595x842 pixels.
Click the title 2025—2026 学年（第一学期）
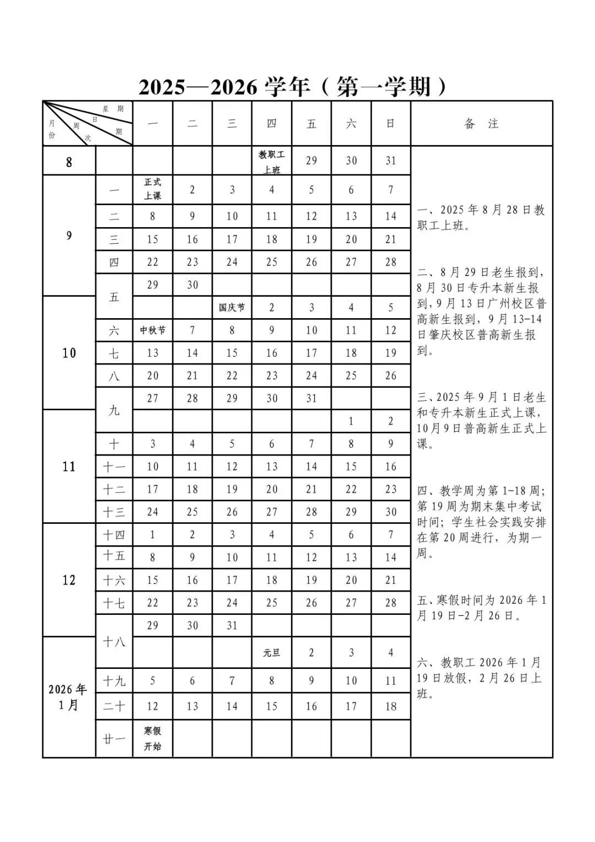click(x=293, y=88)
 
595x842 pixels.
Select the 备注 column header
click(x=481, y=124)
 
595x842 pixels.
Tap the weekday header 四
click(x=272, y=124)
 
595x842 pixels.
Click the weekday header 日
click(x=391, y=124)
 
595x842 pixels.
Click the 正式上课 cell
click(x=153, y=189)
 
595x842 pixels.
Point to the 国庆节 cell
click(x=231, y=308)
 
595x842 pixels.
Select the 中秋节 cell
click(x=153, y=330)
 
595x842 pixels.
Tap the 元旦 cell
click(x=272, y=653)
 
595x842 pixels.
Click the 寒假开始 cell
click(x=153, y=738)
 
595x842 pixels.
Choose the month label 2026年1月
click(x=68, y=697)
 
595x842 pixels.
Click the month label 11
click(x=68, y=466)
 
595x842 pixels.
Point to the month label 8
click(x=68, y=162)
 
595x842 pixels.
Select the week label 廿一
click(x=114, y=738)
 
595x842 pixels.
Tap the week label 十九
click(x=114, y=681)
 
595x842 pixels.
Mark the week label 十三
click(x=114, y=512)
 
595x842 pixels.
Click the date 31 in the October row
click(x=311, y=398)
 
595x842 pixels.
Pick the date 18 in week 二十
click(x=391, y=706)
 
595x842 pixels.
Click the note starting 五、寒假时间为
click(x=481, y=608)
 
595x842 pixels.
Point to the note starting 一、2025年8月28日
click(x=481, y=218)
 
